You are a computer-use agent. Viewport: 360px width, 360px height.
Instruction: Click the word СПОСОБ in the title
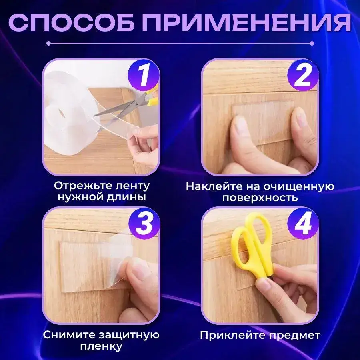pos(72,23)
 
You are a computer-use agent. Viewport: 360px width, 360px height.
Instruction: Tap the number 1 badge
pos(144,75)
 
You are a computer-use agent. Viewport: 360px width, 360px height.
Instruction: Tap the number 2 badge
pos(303,75)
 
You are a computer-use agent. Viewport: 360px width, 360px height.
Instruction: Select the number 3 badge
pos(144,224)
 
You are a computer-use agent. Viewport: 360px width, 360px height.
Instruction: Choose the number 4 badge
pos(303,224)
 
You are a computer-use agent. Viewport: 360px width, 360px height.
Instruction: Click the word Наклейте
pos(214,186)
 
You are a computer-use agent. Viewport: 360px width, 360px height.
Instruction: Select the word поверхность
pos(260,198)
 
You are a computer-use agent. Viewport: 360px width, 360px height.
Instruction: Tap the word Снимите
pos(69,335)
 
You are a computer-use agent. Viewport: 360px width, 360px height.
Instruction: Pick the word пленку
pos(101,346)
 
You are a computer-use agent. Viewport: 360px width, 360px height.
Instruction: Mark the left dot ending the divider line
pos(48,43)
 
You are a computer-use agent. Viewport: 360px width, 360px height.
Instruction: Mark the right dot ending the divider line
pos(312,43)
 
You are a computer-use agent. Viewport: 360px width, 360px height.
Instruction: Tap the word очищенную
pos(299,187)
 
